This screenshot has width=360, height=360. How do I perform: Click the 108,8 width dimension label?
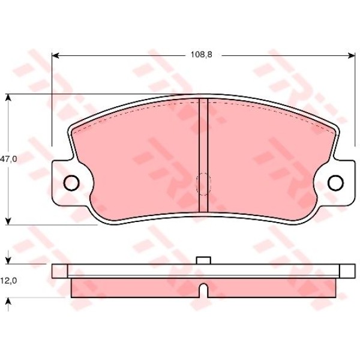pyautogui.click(x=202, y=55)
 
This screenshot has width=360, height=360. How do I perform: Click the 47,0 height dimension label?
pyautogui.click(x=8, y=159)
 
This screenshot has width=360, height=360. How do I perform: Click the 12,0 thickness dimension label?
pyautogui.click(x=8, y=281)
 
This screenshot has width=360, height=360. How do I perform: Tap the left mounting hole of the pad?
pyautogui.click(x=71, y=182)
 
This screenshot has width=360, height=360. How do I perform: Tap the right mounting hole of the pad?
pyautogui.click(x=335, y=182)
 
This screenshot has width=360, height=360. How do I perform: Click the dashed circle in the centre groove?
pyautogui.click(x=203, y=184)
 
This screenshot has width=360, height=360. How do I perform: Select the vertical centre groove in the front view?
pyautogui.click(x=203, y=155)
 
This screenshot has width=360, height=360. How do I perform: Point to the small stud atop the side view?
pyautogui.click(x=203, y=260)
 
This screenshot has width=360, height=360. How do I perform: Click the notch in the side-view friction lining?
pyautogui.click(x=203, y=290)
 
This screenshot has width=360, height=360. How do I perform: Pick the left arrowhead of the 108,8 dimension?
pyautogui.click(x=55, y=55)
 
